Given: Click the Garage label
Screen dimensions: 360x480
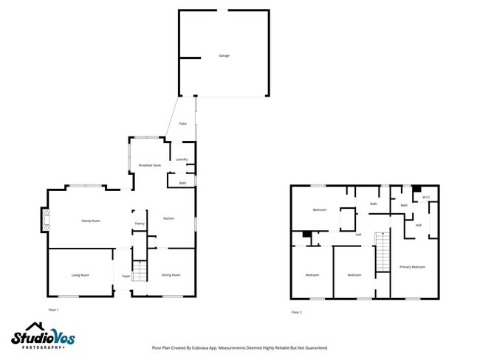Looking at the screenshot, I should click(x=223, y=56).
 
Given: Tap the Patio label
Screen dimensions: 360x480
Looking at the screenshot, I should click(x=182, y=123).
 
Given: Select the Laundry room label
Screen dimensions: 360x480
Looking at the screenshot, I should click(x=182, y=159).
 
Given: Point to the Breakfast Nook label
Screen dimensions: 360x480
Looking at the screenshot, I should click(x=150, y=165).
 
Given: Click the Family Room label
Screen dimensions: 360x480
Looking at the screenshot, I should click(x=91, y=221).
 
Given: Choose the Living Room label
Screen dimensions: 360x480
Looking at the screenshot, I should click(x=80, y=275).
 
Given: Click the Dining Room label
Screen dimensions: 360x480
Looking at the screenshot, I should click(x=171, y=275).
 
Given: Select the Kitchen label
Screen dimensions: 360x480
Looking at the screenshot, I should click(x=168, y=219).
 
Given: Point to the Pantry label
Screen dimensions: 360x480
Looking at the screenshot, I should click(x=139, y=223).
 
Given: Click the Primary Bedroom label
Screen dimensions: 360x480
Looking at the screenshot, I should click(x=413, y=266).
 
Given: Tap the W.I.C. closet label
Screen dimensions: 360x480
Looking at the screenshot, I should click(x=426, y=198).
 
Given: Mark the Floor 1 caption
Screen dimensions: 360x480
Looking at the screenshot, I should click(x=53, y=309).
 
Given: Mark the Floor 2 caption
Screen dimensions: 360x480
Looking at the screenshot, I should click(x=296, y=312).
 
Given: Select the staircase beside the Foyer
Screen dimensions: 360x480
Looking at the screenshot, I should click(x=137, y=271).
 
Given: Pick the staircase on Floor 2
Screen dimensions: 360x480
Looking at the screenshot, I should click(x=382, y=252).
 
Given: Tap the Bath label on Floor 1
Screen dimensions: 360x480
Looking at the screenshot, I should click(x=182, y=183).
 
